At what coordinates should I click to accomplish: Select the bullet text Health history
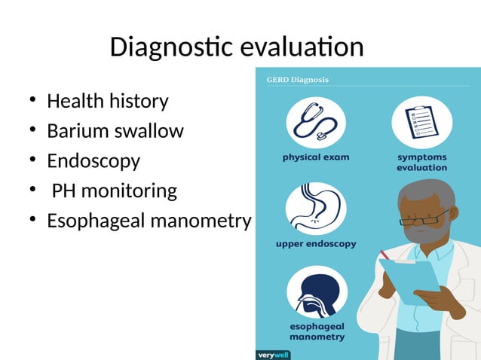tap(107, 101)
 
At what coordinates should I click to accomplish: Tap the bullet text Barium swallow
tap(115, 131)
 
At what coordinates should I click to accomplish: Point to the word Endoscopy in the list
tap(93, 161)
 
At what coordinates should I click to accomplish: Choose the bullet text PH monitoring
tap(114, 191)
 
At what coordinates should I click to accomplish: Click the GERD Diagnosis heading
tap(297, 79)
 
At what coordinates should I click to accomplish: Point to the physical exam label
tap(316, 158)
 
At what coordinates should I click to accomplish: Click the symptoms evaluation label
tap(421, 163)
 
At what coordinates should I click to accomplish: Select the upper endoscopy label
tap(315, 245)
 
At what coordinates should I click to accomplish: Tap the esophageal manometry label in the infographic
tap(317, 332)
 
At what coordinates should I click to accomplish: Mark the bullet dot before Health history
tap(32, 102)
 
